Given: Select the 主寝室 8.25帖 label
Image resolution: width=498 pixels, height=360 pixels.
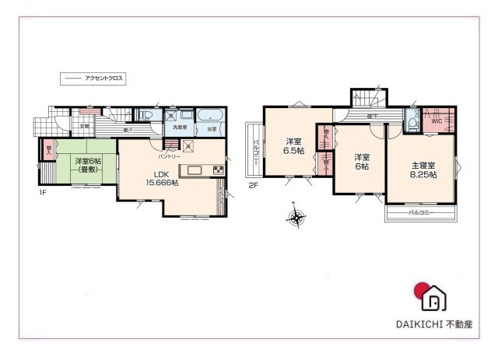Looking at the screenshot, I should [x=423, y=170].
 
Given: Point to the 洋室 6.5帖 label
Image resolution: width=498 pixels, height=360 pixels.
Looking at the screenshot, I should [x=293, y=146].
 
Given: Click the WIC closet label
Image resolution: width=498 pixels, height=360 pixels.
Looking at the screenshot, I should [x=436, y=121].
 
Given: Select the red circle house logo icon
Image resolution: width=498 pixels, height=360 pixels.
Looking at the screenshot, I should [x=431, y=295].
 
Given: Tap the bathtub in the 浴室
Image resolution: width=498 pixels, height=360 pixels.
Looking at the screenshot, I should [x=210, y=118].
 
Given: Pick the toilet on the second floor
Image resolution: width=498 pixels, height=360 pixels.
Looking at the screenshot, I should [x=412, y=121].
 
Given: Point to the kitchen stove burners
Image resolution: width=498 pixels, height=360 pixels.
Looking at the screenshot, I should [x=218, y=170].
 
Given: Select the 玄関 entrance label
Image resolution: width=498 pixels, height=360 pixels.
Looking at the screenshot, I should [x=83, y=125].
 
